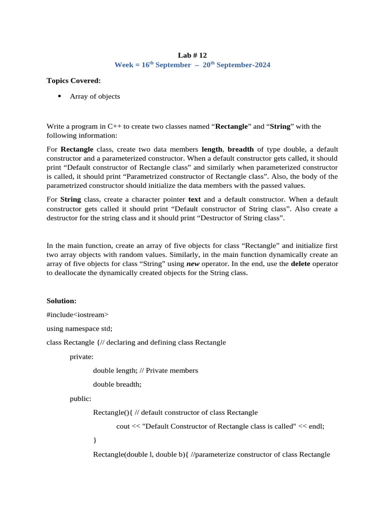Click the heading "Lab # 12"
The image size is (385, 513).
pos(192,55)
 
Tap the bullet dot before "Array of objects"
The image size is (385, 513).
pos(60,96)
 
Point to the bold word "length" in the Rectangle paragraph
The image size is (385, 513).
pos(212,149)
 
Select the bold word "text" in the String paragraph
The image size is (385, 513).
pos(195,199)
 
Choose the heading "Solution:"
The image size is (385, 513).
pos(62,301)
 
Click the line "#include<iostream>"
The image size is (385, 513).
pos(77,315)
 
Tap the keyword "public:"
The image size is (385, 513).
pos(80,399)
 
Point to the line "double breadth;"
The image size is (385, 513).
pos(117,385)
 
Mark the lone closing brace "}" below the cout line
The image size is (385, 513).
pos(95,440)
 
